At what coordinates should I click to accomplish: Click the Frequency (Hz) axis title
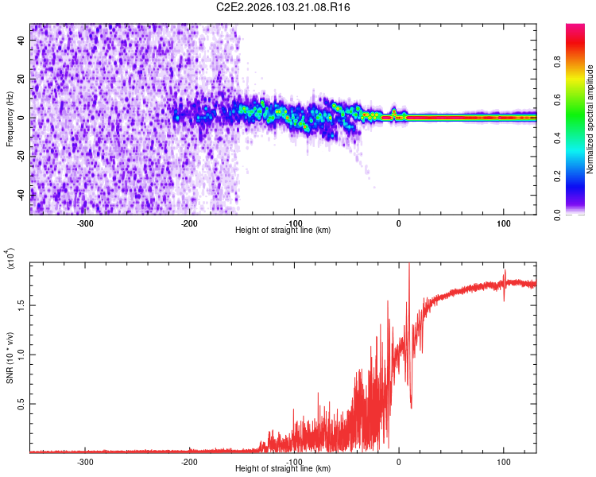(x=10, y=119)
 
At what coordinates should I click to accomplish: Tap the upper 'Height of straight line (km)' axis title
(x=283, y=231)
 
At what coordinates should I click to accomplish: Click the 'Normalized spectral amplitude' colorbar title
(x=590, y=119)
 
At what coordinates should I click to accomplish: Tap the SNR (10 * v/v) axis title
(x=10, y=355)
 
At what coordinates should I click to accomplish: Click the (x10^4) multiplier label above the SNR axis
(x=11, y=258)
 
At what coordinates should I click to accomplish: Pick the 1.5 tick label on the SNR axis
(x=21, y=304)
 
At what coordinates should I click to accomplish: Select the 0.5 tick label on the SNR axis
(x=21, y=404)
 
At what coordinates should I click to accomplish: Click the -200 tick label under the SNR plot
(x=190, y=461)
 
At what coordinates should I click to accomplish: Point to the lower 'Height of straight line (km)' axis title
(x=283, y=468)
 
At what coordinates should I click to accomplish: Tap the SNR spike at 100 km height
(x=504, y=274)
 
